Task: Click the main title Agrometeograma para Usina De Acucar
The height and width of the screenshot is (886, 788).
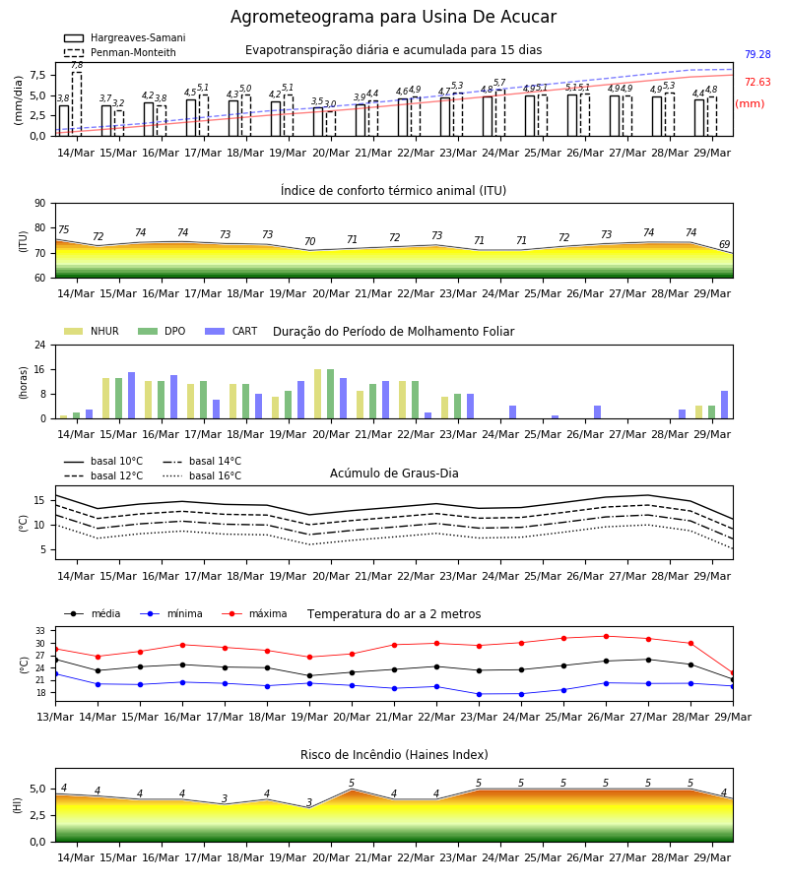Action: pyautogui.click(x=393, y=17)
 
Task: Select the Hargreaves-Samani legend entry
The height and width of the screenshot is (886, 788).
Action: pyautogui.click(x=125, y=37)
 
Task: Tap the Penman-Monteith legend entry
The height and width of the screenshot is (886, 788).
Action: pyautogui.click(x=120, y=52)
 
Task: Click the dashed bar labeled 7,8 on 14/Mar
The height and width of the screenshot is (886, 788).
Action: pyautogui.click(x=77, y=104)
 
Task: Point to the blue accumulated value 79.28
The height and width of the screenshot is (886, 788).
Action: pyautogui.click(x=757, y=55)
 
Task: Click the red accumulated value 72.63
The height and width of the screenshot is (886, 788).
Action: pyautogui.click(x=757, y=82)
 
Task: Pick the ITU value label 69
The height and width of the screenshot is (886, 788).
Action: pyautogui.click(x=724, y=244)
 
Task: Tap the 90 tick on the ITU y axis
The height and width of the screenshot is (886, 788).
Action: pyautogui.click(x=40, y=204)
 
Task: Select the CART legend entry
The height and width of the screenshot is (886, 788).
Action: pyautogui.click(x=231, y=331)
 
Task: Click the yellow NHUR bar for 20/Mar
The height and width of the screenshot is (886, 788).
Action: pyautogui.click(x=318, y=394)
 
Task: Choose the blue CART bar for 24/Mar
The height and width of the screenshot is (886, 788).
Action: pyautogui.click(x=513, y=412)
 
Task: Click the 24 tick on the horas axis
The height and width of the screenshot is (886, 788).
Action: pyautogui.click(x=40, y=345)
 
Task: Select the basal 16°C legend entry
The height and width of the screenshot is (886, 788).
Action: pyautogui.click(x=202, y=475)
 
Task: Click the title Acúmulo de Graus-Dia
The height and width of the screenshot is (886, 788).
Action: pyautogui.click(x=394, y=474)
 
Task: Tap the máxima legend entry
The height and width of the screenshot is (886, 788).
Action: pyautogui.click(x=254, y=613)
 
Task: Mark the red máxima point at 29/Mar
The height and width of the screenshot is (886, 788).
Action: pyautogui.click(x=733, y=673)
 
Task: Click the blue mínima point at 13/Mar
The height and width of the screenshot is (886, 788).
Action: pyautogui.click(x=55, y=674)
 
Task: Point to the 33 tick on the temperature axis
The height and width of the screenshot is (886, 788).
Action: pyautogui.click(x=40, y=631)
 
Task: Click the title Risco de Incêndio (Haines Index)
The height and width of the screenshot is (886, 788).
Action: pyautogui.click(x=394, y=755)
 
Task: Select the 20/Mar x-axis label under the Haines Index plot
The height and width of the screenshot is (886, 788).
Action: pyautogui.click(x=331, y=857)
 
